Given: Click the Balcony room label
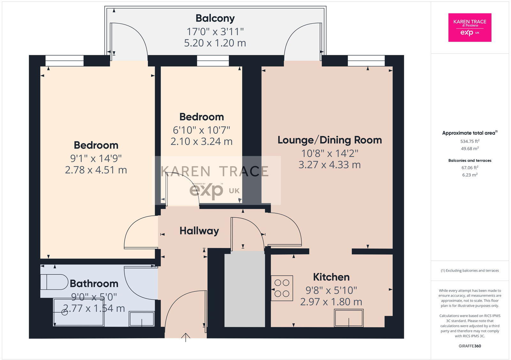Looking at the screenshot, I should tap(215, 19).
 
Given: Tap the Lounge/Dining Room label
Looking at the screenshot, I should tap(330, 140).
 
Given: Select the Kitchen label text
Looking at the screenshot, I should tap(331, 277).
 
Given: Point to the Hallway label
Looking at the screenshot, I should tap(199, 231).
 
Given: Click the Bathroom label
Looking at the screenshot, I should tap(94, 283).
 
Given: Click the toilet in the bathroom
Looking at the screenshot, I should tap(54, 282).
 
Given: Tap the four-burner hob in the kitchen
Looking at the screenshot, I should tap(282, 288).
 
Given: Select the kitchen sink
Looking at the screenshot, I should tap(348, 318).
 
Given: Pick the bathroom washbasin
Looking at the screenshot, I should tap(141, 319).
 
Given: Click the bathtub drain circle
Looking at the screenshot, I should tap(65, 312).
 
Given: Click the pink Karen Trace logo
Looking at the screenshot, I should tap(469, 27).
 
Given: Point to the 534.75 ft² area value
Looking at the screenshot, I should tap(469, 141).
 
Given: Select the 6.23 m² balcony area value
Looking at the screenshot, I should tap(469, 175).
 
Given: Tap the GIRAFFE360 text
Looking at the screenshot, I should tap(469, 346).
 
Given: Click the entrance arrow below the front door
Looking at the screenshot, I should tap(186, 337).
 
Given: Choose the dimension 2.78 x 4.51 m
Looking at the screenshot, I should tap(96, 170).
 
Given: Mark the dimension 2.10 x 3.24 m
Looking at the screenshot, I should tap(201, 141).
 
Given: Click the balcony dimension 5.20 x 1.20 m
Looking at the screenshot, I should tap(215, 43).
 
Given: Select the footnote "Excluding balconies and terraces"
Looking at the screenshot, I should tap(469, 271).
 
